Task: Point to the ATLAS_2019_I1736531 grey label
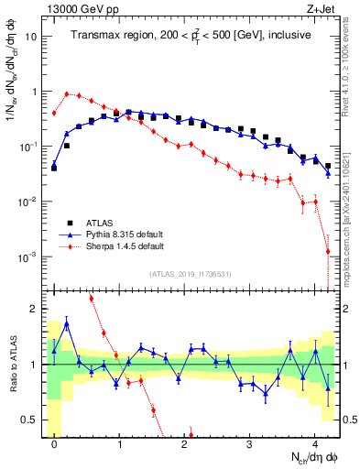[190, 274]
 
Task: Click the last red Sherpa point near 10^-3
[327, 252]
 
